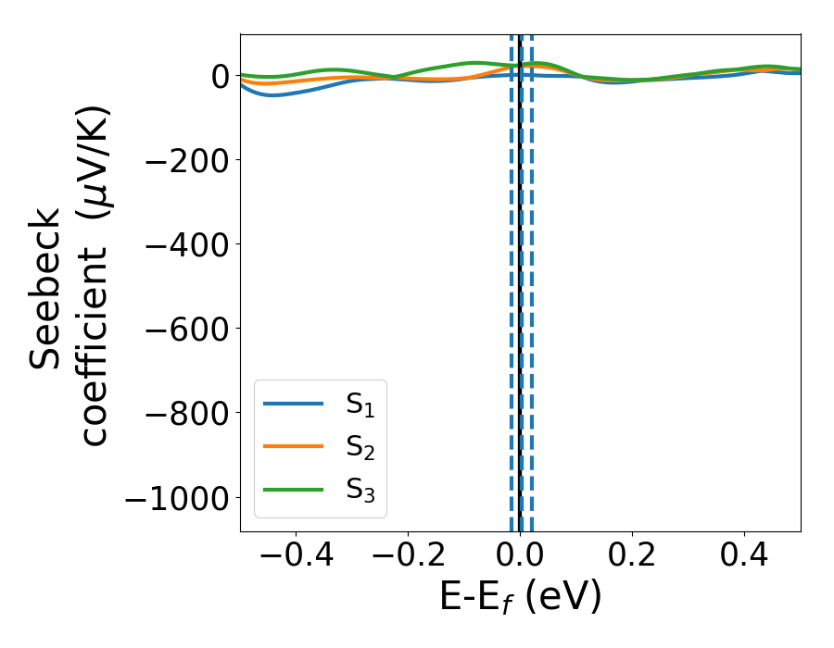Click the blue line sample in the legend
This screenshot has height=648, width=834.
(x=293, y=404)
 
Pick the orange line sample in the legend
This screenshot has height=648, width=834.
(x=293, y=446)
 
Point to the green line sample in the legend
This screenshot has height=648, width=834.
(x=293, y=488)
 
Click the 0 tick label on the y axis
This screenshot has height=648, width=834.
(x=220, y=76)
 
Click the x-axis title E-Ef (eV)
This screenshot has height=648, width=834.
(x=520, y=598)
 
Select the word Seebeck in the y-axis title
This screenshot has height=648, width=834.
(x=45, y=289)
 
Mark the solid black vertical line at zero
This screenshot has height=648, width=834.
(x=521, y=278)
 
